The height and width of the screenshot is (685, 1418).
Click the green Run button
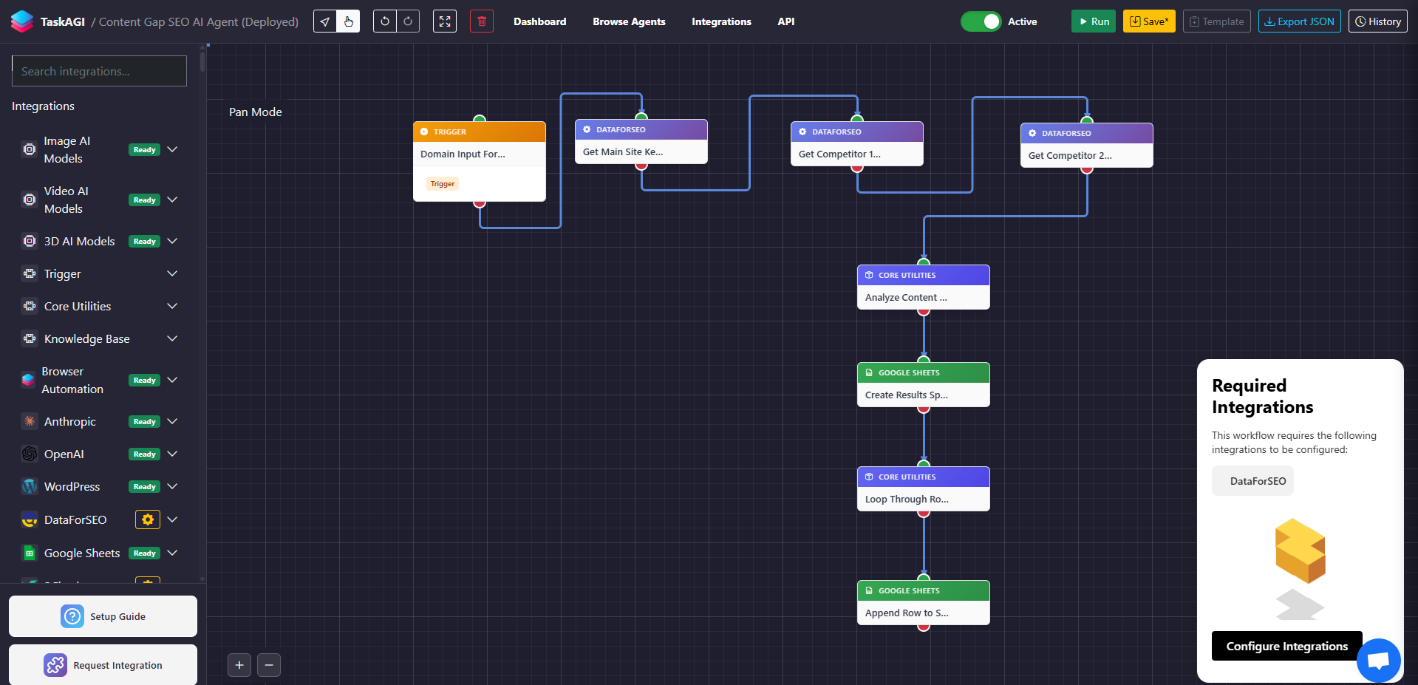tap(1093, 21)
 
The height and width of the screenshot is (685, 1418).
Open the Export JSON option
tap(1299, 21)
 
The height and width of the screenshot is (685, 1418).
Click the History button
tap(1377, 21)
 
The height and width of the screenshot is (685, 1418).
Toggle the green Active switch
tap(981, 21)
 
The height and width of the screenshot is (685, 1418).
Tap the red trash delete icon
tap(481, 21)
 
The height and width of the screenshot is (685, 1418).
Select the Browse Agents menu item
tap(629, 21)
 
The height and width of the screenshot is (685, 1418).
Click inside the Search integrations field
tap(99, 71)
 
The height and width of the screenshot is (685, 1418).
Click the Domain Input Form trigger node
tap(479, 154)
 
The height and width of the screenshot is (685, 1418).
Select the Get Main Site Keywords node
tap(641, 152)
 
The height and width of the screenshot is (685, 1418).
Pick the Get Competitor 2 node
tap(1086, 156)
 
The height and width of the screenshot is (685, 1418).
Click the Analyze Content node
tap(923, 298)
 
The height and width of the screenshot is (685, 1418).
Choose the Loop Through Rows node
tap(923, 500)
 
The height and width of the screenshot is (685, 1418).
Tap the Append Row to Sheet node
tap(923, 613)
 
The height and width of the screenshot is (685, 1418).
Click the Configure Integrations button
tap(1286, 646)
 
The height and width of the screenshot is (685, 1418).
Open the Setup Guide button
tap(103, 616)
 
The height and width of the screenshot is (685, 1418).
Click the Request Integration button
tap(103, 665)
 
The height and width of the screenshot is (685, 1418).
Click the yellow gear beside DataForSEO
tap(148, 519)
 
